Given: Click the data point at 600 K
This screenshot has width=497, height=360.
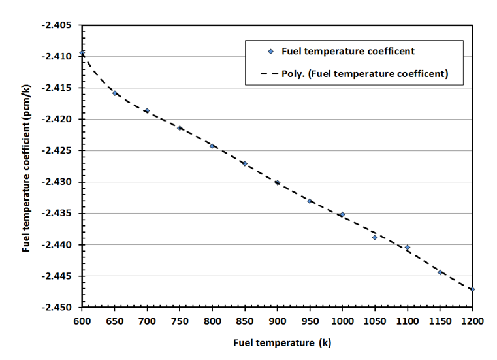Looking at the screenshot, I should (x=82, y=53).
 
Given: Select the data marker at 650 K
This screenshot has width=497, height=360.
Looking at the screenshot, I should (x=115, y=93).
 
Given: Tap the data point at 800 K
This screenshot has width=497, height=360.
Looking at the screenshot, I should (x=212, y=146).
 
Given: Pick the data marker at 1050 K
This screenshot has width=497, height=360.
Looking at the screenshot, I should (x=375, y=237).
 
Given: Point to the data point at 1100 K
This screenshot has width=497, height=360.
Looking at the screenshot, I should (x=408, y=248).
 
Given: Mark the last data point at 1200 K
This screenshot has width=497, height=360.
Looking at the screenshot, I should (x=472, y=289).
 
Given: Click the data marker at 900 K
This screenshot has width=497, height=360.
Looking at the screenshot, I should (x=278, y=183).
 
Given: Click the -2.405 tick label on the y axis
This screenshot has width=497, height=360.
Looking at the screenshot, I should (x=59, y=25).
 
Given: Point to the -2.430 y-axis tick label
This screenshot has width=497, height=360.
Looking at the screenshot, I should (x=59, y=182).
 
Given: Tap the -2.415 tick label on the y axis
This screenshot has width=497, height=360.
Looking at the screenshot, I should (x=59, y=88).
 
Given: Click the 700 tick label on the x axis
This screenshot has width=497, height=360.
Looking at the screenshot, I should (x=147, y=321).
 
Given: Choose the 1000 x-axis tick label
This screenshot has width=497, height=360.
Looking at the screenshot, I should (x=342, y=321).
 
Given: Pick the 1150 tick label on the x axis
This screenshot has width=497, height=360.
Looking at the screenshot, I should (x=440, y=321).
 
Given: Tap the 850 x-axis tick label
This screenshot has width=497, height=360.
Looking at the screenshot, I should (x=245, y=321).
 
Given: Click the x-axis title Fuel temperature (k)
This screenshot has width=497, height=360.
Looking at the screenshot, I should (x=277, y=343).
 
